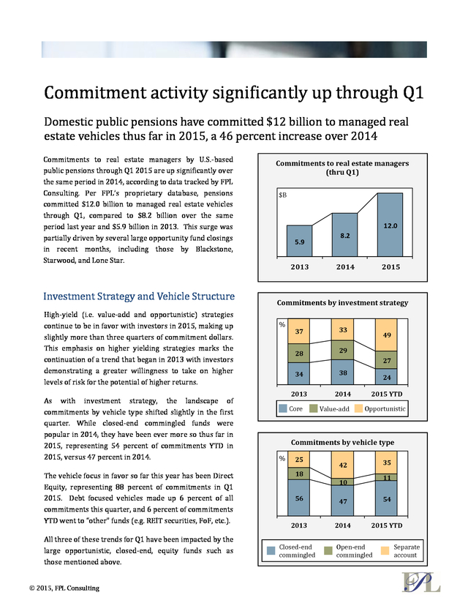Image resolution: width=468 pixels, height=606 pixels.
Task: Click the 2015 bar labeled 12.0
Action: pyautogui.click(x=390, y=225)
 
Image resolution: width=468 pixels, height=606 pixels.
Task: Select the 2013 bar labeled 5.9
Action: pyautogui.click(x=299, y=241)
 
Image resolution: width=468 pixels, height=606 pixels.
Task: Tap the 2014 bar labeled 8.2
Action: pyautogui.click(x=345, y=235)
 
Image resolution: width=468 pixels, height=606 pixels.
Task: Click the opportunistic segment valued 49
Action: pyautogui.click(x=387, y=335)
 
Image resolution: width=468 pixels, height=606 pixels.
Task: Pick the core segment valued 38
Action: pyautogui.click(x=343, y=373)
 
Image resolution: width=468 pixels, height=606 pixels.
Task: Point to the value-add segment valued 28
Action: pyautogui.click(x=299, y=353)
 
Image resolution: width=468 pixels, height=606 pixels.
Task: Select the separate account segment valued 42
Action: pyautogui.click(x=343, y=465)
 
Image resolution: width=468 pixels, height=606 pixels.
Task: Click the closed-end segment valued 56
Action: pyautogui.click(x=299, y=498)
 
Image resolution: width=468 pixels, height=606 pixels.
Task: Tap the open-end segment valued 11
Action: pyautogui.click(x=387, y=477)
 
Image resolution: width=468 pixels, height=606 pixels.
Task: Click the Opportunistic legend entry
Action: pyautogui.click(x=380, y=408)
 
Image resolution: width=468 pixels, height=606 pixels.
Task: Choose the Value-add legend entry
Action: pyautogui.click(x=329, y=408)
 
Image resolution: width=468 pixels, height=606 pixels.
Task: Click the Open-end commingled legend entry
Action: pyautogui.click(x=349, y=550)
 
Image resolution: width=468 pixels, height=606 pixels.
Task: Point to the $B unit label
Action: pyautogui.click(x=283, y=195)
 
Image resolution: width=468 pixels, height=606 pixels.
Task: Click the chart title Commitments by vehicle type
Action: pyautogui.click(x=342, y=442)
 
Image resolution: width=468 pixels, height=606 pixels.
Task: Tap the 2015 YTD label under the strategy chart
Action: pyautogui.click(x=387, y=394)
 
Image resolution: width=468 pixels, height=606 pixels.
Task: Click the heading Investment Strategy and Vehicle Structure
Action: pyautogui.click(x=139, y=296)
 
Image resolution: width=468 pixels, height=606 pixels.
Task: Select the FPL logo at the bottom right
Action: pyautogui.click(x=421, y=582)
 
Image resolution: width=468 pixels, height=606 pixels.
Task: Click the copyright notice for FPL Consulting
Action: pyautogui.click(x=64, y=588)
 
